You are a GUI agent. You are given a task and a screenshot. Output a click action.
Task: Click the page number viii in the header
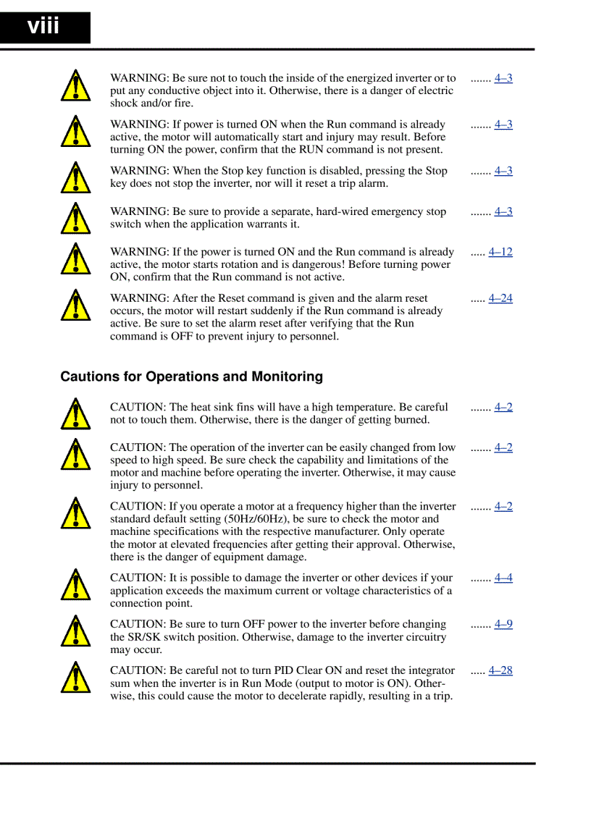point(43,27)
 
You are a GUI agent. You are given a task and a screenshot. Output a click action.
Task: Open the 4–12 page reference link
point(500,252)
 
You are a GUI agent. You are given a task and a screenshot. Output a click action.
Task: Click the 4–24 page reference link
point(500,298)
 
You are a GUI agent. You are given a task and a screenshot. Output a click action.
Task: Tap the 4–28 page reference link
point(500,670)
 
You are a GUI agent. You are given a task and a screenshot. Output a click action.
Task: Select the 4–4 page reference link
point(503,578)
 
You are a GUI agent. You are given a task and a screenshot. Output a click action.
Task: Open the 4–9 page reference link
point(503,624)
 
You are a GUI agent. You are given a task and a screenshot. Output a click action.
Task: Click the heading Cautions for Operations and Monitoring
point(191,376)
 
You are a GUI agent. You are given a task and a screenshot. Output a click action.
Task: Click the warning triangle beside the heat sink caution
point(75,415)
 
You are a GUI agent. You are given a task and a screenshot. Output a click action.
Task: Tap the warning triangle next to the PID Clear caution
point(75,678)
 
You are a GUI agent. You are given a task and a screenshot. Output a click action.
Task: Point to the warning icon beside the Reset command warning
point(75,306)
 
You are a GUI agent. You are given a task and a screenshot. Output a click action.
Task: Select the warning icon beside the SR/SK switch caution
point(75,631)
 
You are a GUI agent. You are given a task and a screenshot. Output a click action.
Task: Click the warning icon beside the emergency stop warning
point(75,219)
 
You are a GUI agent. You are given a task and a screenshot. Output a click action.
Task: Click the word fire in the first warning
point(182,104)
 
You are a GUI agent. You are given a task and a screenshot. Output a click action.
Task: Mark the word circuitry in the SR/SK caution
point(422,637)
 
